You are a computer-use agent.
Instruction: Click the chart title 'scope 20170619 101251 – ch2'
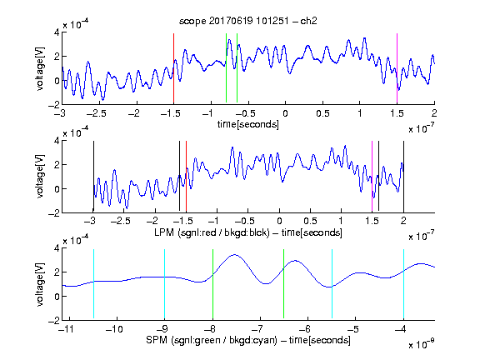248,21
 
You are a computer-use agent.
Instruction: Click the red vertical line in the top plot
173,68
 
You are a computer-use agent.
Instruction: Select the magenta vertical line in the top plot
397,68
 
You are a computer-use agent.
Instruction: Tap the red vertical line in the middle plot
186,177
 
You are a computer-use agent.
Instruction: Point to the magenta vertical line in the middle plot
372,177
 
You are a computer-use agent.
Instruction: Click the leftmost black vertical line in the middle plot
93,177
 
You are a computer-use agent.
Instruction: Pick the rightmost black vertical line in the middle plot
404,177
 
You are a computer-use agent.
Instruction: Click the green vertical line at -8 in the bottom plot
212,284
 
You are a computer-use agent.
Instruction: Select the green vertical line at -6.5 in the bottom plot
284,284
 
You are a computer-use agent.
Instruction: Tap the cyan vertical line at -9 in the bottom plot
165,284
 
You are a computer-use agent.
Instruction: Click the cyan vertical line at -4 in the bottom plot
404,284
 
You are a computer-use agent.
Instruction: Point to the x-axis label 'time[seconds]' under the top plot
248,124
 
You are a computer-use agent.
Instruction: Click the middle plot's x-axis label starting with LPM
248,232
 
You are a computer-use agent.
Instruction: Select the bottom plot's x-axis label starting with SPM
248,340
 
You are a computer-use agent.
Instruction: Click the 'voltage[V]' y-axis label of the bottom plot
40,284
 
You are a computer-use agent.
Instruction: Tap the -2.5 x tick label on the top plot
96,113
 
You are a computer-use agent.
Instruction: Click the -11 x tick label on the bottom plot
66,329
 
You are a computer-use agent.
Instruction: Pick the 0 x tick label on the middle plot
279,221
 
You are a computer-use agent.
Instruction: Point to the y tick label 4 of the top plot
57,32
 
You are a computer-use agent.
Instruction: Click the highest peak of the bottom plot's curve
234,254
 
